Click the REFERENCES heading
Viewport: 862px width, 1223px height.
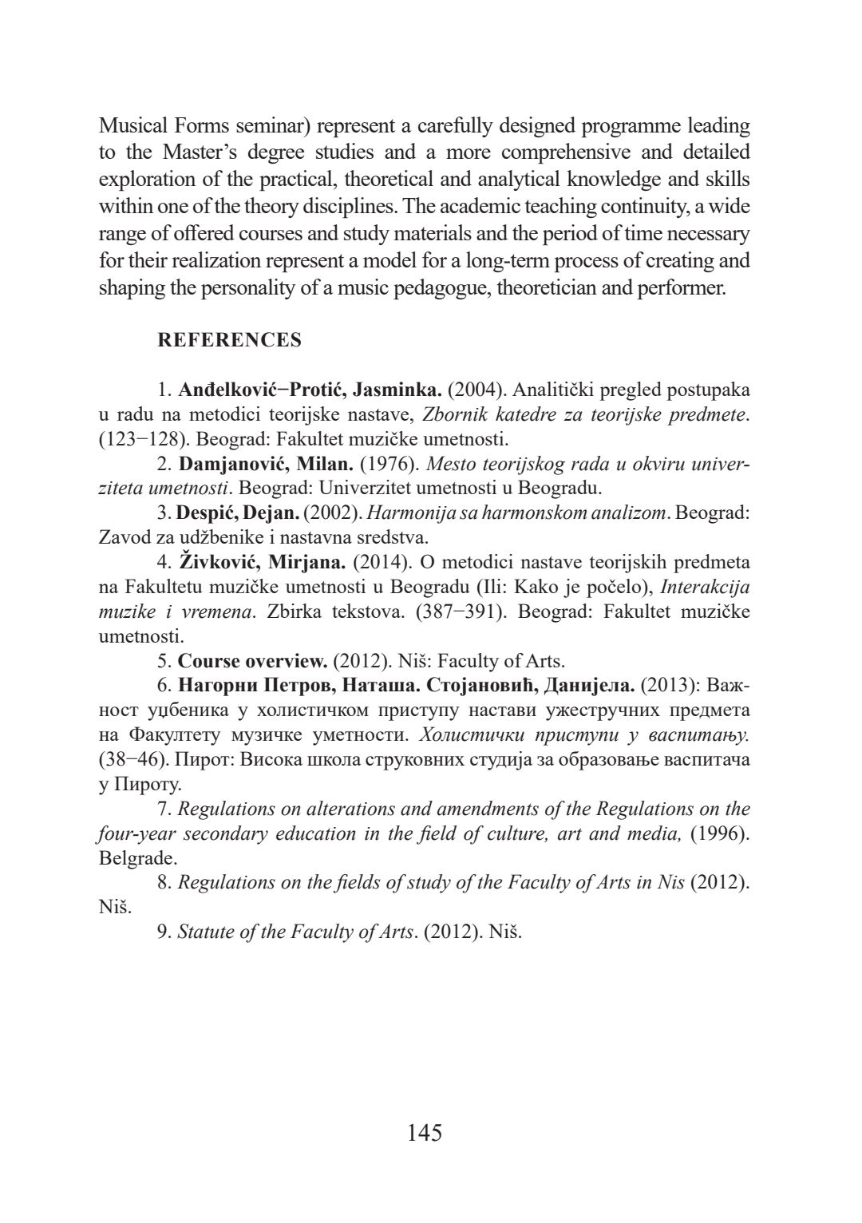click(x=230, y=340)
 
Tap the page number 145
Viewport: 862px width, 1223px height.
click(x=425, y=1132)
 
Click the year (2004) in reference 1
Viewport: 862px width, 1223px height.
click(x=476, y=390)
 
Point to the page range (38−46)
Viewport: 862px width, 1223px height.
click(x=130, y=758)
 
